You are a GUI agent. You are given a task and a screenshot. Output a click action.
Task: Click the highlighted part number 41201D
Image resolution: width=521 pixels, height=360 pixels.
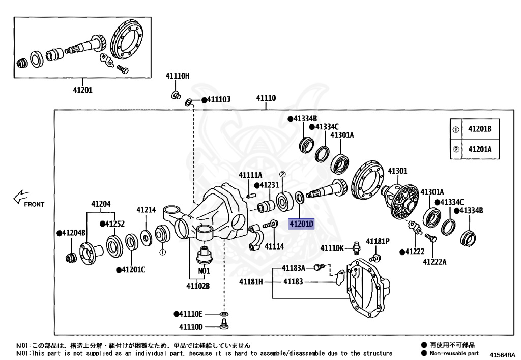tap(302, 223)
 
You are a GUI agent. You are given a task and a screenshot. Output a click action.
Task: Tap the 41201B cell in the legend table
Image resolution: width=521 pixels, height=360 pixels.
tap(480, 129)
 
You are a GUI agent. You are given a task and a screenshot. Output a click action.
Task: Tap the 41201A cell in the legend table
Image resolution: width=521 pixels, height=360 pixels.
tap(480, 149)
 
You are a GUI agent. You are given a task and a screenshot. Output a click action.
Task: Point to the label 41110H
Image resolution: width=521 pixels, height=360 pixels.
tap(177, 76)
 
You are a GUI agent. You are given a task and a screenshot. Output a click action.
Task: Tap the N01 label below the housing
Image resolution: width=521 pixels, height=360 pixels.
tap(204, 271)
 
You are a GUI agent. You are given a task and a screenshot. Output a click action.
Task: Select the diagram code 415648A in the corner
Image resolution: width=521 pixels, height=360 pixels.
tap(502, 355)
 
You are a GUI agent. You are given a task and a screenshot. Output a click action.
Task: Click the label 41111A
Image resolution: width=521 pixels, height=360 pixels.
tap(250, 175)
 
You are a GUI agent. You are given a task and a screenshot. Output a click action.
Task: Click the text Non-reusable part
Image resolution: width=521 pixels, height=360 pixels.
tap(454, 353)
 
